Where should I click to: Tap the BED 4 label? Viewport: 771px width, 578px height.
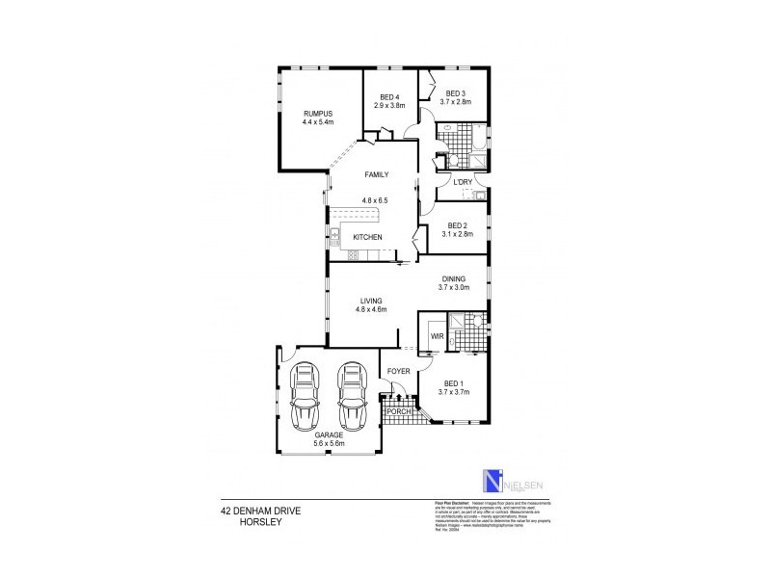click(x=389, y=97)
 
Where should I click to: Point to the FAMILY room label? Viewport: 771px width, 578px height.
click(x=376, y=175)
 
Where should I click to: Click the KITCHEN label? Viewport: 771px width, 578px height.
click(x=367, y=238)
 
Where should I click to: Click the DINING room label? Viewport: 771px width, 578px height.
click(x=454, y=278)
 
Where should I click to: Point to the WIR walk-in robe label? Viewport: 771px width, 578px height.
click(x=436, y=336)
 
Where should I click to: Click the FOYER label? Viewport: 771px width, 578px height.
click(x=398, y=371)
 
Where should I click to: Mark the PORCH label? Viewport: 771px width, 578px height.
click(x=399, y=412)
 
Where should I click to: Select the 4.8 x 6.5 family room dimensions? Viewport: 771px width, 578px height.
click(x=376, y=200)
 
